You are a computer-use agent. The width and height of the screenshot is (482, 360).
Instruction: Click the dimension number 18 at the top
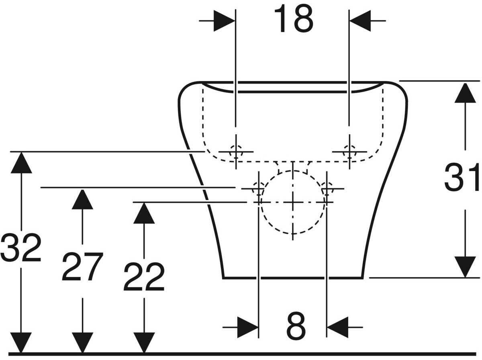293,19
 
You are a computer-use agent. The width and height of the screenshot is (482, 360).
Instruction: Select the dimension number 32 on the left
20,247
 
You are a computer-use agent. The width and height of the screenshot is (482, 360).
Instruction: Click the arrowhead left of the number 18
224,20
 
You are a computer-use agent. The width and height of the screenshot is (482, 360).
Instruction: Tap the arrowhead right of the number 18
360,20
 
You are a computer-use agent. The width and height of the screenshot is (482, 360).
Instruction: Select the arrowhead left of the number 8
247,327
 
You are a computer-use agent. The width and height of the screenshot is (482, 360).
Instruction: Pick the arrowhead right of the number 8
338,327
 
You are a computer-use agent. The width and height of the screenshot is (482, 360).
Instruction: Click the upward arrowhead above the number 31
465,93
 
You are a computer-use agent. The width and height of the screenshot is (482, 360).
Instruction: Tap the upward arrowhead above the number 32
20,163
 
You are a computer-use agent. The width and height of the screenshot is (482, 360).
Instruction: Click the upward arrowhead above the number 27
82,199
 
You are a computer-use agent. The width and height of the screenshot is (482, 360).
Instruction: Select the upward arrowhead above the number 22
144,213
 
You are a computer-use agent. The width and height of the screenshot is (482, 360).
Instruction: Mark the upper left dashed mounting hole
236,152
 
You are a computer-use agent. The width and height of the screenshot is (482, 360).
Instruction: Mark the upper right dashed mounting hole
349,152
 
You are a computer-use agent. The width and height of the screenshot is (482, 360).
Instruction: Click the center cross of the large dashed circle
293,202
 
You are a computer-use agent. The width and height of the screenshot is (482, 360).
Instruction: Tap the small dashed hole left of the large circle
257,188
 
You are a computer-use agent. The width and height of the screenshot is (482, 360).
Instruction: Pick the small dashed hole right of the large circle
327,188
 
